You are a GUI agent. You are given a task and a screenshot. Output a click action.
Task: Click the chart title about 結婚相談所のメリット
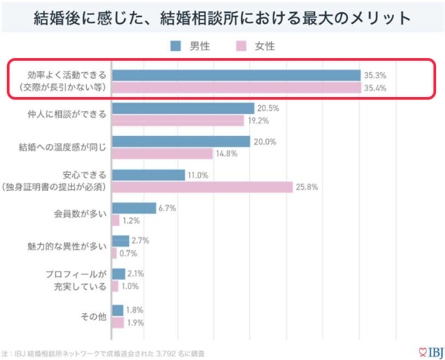click(222, 18)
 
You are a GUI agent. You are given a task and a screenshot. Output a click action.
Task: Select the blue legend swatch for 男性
click(175, 46)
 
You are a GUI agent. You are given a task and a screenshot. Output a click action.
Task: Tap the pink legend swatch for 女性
click(241, 46)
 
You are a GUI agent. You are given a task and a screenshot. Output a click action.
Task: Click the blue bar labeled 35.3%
click(235, 75)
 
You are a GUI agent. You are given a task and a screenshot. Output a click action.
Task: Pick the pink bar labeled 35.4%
click(235, 88)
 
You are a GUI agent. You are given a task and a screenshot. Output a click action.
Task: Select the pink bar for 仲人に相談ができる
click(177, 120)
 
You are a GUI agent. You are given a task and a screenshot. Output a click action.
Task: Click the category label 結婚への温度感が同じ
click(63, 147)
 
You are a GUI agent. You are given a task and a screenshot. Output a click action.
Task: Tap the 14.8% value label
click(227, 154)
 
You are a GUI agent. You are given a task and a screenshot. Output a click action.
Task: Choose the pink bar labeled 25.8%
click(202, 186)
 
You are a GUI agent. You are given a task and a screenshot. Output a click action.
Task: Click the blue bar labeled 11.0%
click(148, 174)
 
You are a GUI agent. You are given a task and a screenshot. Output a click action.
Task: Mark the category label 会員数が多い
click(81, 213)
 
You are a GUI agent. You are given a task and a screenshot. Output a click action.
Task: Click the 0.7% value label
click(129, 253)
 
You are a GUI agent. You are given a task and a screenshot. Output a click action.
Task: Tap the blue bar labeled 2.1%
click(119, 273)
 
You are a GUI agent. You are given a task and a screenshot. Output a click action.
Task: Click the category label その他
click(94, 316)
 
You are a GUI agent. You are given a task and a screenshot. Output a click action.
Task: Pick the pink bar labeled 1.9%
click(118, 322)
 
